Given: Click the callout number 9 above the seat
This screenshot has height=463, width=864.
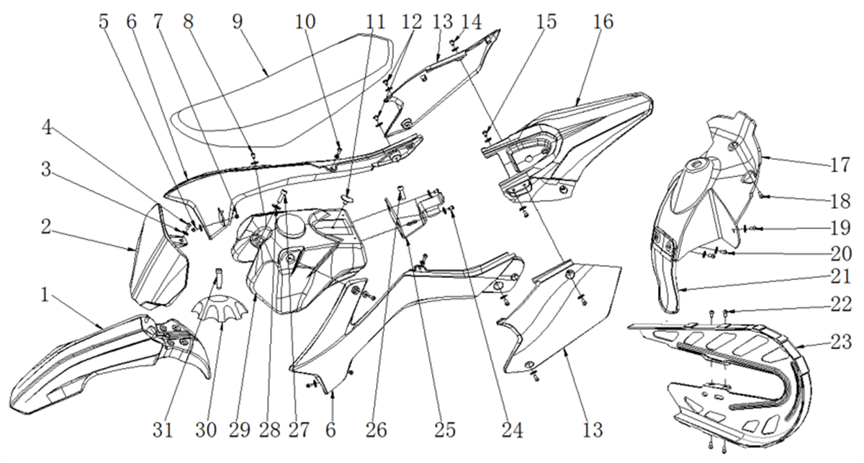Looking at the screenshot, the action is pyautogui.click(x=238, y=22).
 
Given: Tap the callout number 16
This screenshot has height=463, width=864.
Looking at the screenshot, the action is pyautogui.click(x=603, y=22).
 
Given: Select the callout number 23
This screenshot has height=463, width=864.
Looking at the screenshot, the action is pyautogui.click(x=841, y=342).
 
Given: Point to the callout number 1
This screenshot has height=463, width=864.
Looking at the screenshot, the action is pyautogui.click(x=45, y=295).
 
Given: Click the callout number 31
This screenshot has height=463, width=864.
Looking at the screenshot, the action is pyautogui.click(x=163, y=430).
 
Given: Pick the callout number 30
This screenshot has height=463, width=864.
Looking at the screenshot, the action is pyautogui.click(x=206, y=430).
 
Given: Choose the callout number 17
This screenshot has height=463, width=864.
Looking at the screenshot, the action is pyautogui.click(x=840, y=165).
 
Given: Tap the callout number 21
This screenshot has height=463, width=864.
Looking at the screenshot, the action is pyautogui.click(x=840, y=277).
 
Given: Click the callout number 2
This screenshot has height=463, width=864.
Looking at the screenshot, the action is pyautogui.click(x=46, y=227).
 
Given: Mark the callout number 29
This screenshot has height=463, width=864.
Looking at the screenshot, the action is pyautogui.click(x=239, y=430).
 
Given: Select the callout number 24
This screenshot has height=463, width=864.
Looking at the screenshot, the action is pyautogui.click(x=512, y=430).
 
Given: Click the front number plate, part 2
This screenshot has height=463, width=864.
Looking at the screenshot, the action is pyautogui.click(x=158, y=256).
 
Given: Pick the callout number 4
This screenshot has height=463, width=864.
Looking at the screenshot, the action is pyautogui.click(x=47, y=127).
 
